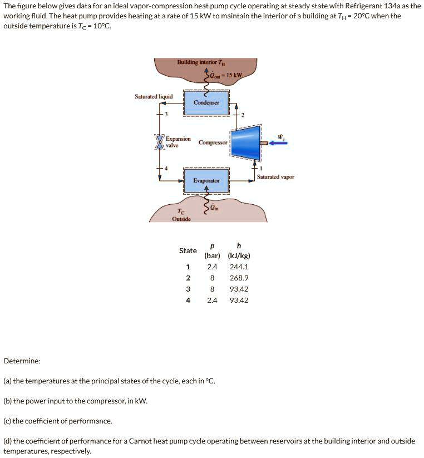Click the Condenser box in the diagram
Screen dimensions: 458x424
(206, 102)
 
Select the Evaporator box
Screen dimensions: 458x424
(206, 180)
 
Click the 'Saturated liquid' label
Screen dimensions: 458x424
(154, 96)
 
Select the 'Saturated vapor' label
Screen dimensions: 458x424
(275, 177)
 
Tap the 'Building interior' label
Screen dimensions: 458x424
(197, 62)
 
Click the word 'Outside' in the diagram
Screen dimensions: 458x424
(181, 219)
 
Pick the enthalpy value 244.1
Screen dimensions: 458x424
(239, 267)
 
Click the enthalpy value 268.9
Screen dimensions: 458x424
(239, 278)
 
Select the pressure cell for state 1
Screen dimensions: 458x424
(212, 267)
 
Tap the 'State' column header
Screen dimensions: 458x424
(188, 250)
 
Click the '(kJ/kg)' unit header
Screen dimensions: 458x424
(239, 256)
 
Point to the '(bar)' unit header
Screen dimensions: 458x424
(212, 256)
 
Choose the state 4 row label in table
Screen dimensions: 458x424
(188, 300)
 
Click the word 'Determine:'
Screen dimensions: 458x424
(22, 361)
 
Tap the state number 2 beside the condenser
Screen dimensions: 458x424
(243, 115)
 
